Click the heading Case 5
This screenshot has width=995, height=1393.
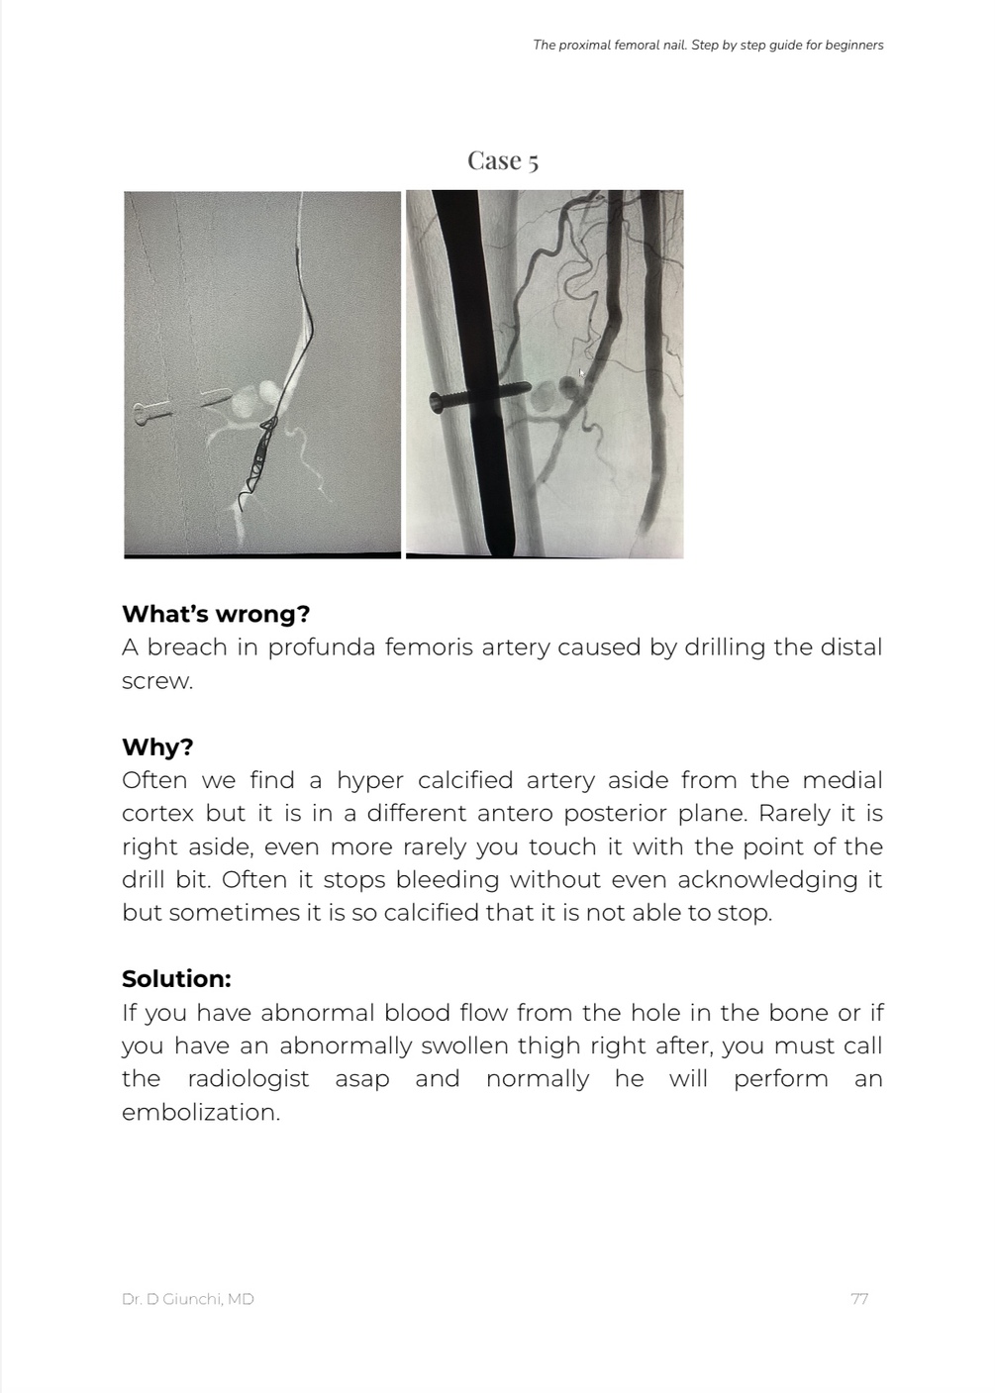pyautogui.click(x=503, y=160)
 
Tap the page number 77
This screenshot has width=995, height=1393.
pyautogui.click(x=859, y=1298)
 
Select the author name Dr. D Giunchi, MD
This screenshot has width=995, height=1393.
pyautogui.click(x=187, y=1298)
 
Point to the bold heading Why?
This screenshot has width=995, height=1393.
pyautogui.click(x=157, y=746)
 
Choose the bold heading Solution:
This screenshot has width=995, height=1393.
pyautogui.click(x=176, y=978)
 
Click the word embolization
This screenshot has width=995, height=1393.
pyautogui.click(x=200, y=1112)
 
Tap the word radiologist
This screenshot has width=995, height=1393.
pyautogui.click(x=248, y=1078)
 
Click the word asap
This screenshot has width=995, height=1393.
pyautogui.click(x=361, y=1078)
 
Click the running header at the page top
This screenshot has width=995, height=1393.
pyautogui.click(x=708, y=45)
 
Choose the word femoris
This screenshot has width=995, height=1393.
pyautogui.click(x=430, y=647)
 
